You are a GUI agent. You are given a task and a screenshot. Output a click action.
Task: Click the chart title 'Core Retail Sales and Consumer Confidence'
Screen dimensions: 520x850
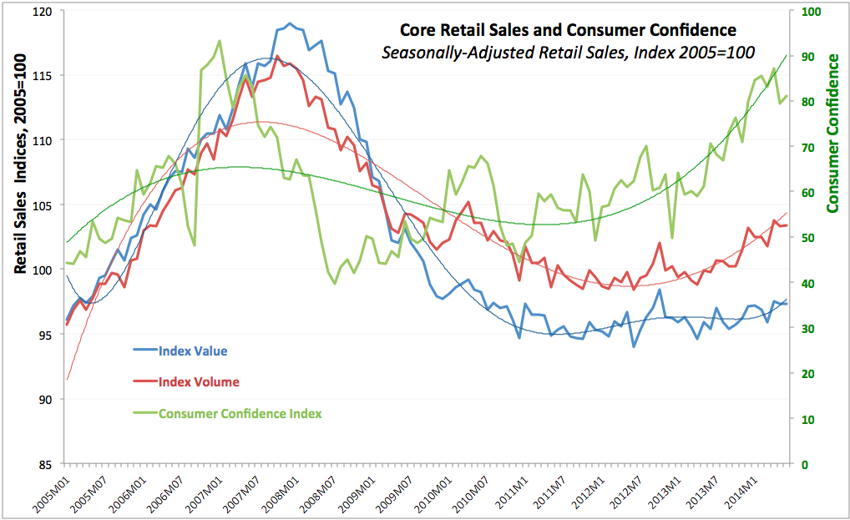point(568,31)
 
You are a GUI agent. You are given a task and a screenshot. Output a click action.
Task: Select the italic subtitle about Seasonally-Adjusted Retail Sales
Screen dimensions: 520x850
point(568,53)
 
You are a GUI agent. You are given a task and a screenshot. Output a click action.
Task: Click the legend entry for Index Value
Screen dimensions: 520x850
point(193,351)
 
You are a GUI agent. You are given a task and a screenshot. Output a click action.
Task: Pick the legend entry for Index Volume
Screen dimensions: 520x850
point(199,382)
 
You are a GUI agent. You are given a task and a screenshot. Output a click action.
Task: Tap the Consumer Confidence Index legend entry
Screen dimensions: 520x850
point(240,413)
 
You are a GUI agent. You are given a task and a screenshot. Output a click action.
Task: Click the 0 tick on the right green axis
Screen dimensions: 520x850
point(805,464)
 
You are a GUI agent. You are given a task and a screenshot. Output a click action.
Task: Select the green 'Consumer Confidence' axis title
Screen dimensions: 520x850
point(832,132)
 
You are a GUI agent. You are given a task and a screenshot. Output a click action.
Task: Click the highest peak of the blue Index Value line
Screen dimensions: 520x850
point(290,23)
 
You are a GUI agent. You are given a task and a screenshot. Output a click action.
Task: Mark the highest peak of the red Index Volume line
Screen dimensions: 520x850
point(277,56)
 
